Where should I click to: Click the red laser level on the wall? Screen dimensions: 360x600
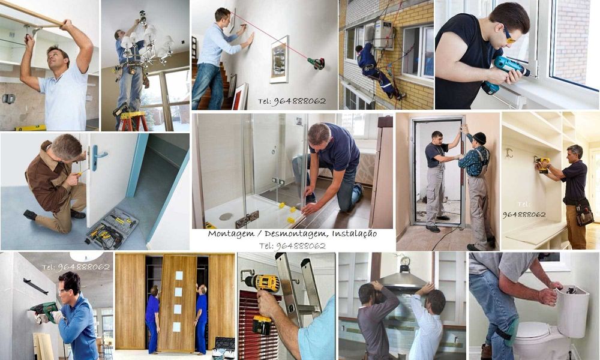pyautogui.click(x=316, y=62)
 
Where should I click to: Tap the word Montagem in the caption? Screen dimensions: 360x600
pyautogui.click(x=229, y=234)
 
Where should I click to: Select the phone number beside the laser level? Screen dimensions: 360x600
pyautogui.click(x=292, y=101)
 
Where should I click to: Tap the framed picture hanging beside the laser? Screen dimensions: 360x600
pyautogui.click(x=279, y=59)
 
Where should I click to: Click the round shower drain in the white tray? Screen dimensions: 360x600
pyautogui.click(x=226, y=216)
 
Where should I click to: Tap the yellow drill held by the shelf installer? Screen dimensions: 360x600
pyautogui.click(x=543, y=164)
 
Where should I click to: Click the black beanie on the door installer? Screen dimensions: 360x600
pyautogui.click(x=479, y=138)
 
